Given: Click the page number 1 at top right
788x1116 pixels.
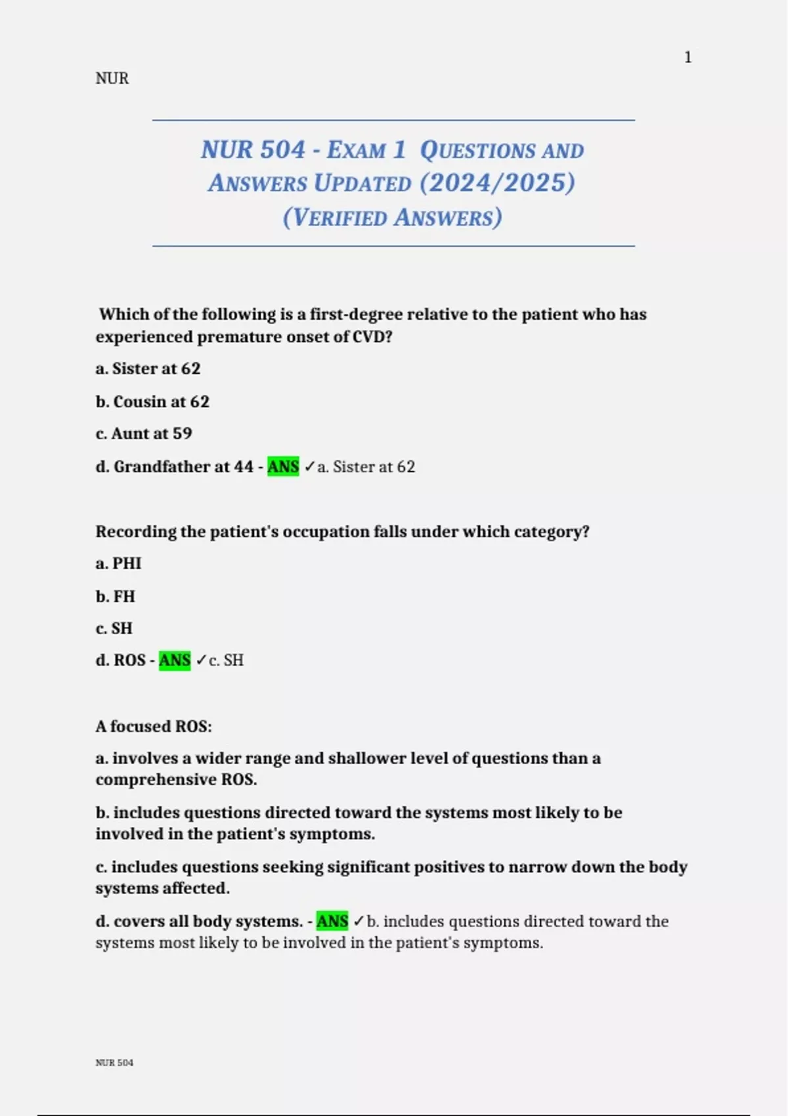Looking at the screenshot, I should point(688,58).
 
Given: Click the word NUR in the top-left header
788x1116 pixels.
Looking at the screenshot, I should point(112,79).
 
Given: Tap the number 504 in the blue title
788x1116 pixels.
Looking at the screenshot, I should point(280,150).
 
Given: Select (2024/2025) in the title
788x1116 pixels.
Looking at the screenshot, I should point(498,183).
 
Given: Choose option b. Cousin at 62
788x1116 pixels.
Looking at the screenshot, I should point(152,401).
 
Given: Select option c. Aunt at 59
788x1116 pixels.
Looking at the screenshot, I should point(144,433).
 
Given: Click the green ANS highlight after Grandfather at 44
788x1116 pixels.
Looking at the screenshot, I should point(283,467).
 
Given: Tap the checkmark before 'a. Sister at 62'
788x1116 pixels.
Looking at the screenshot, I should point(309,467).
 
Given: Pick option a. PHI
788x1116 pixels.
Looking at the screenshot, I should point(119,563).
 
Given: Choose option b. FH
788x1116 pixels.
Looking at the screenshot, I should point(116,596).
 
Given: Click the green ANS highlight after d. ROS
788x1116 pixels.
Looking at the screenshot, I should point(175,660).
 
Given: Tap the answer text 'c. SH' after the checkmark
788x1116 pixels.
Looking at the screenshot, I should point(226,660).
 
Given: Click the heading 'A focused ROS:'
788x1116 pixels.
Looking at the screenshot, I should point(154,726).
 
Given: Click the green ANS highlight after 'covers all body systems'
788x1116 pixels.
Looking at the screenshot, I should point(332,921).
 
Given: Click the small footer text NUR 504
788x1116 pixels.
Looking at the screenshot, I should point(114,1063).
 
